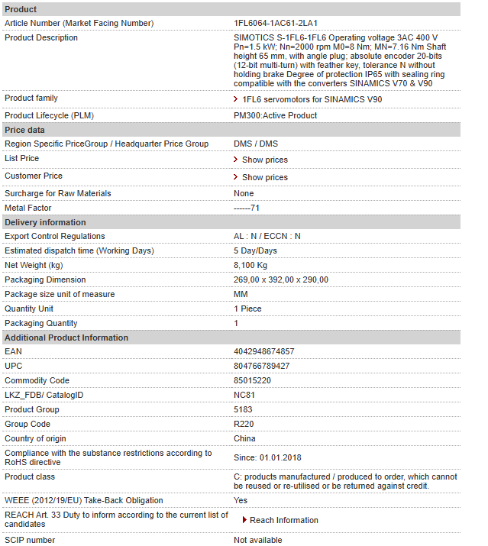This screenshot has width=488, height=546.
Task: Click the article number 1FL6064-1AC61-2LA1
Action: pos(275,23)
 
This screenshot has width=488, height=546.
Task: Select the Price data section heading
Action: pos(24,130)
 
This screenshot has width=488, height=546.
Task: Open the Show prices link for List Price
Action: pos(264,160)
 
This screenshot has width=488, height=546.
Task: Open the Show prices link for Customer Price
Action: pos(264,177)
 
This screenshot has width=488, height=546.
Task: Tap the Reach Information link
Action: pos(283,520)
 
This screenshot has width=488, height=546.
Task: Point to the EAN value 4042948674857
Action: pos(263,351)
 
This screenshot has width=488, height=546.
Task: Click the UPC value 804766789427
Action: pos(261,366)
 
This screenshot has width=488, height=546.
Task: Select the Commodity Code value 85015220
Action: pos(252,380)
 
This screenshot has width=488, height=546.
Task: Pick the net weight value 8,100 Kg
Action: pos(250,265)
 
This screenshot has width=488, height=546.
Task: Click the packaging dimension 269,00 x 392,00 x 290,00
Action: pos(281,279)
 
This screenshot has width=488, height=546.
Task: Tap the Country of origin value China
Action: pos(244,438)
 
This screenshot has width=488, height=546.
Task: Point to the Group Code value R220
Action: pos(244,424)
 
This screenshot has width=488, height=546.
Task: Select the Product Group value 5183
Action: pos(243,409)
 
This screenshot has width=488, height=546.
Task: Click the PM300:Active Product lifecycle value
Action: pos(275,115)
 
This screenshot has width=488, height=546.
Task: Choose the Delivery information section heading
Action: pos(45,222)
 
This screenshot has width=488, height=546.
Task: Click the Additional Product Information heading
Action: pos(66,338)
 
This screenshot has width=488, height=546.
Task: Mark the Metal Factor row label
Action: pos(28,208)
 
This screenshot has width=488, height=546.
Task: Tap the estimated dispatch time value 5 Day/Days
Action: pos(255,250)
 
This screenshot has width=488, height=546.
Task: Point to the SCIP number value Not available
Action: pos(257,540)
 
